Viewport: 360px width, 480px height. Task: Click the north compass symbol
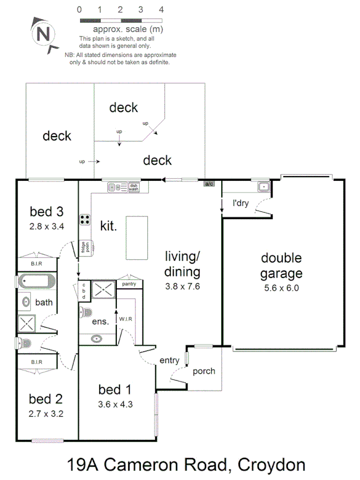[x=45, y=34]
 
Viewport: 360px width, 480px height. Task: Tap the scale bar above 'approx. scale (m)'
[x=120, y=20]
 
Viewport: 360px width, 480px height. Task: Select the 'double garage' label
[x=281, y=266]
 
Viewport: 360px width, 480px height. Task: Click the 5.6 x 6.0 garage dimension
[x=281, y=288]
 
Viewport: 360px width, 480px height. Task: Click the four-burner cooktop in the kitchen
[x=85, y=219]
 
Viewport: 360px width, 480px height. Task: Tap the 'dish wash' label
[x=133, y=187]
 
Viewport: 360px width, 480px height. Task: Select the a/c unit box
[x=210, y=184]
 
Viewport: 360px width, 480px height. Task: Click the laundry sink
[x=263, y=187]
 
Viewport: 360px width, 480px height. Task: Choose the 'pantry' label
[x=129, y=284]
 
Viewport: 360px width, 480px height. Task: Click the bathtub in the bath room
[x=36, y=281]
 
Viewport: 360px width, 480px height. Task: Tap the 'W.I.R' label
[x=126, y=319]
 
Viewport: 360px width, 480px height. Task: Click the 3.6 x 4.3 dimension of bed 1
[x=115, y=404]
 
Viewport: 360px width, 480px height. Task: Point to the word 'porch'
[x=204, y=371]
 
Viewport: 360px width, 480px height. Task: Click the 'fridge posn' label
[x=84, y=247]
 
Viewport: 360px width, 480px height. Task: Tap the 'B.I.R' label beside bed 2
[x=36, y=362]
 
